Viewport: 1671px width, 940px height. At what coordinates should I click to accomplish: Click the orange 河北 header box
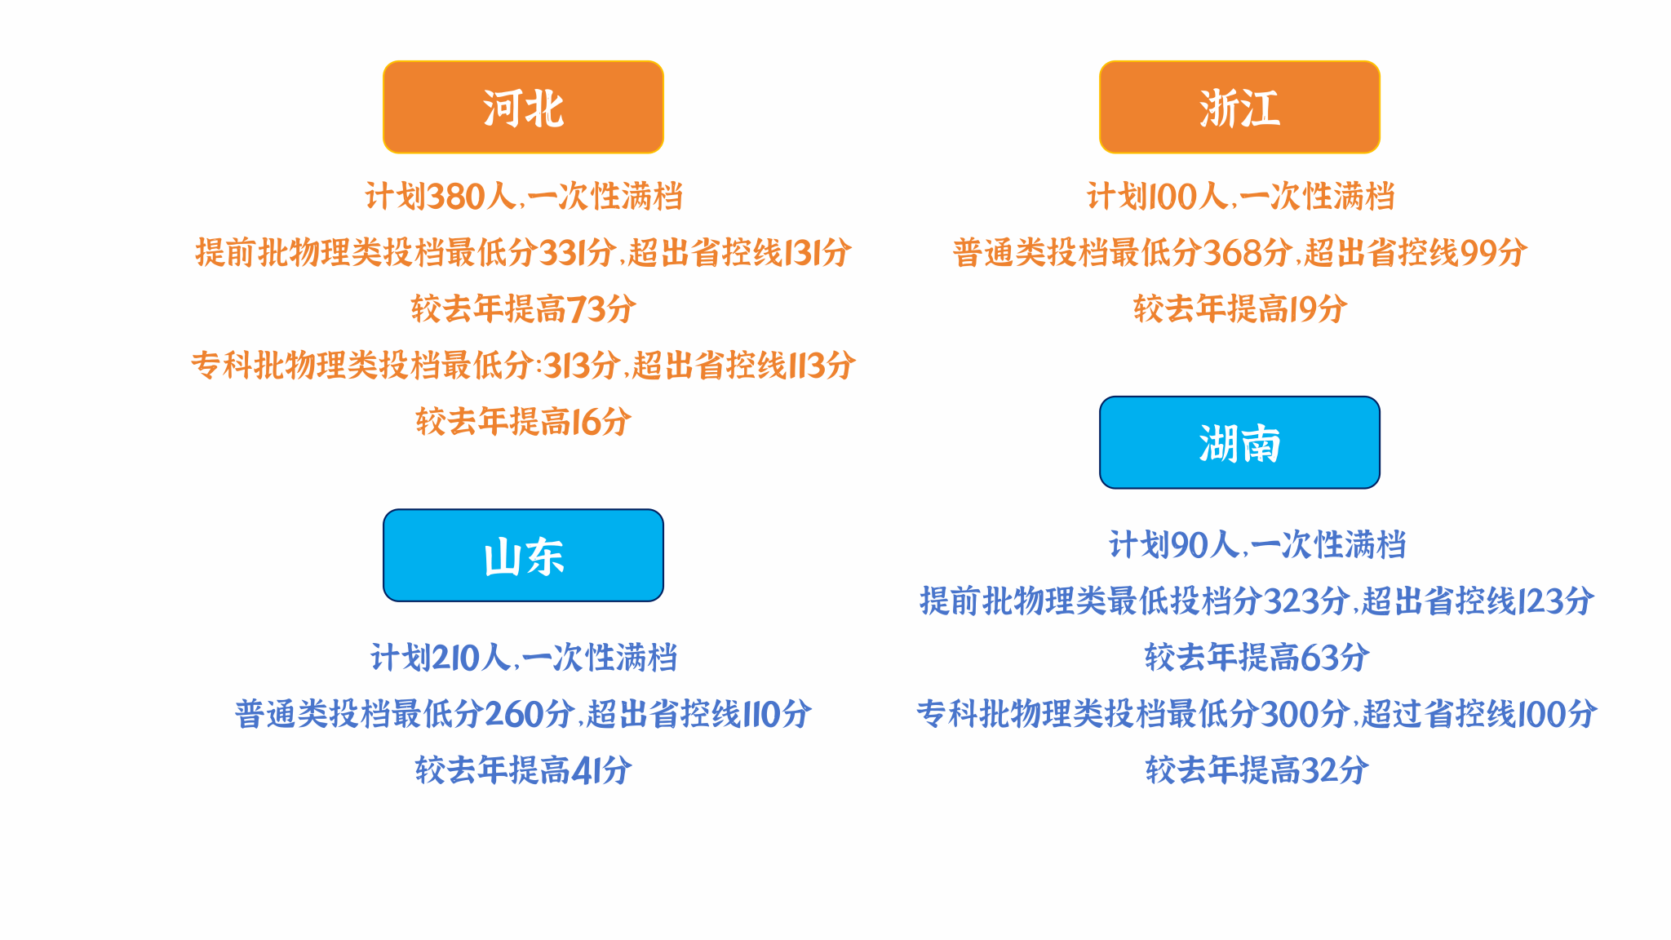[523, 107]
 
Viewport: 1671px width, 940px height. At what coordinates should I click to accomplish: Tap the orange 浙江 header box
[1239, 107]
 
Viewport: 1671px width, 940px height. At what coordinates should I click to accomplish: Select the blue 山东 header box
[523, 556]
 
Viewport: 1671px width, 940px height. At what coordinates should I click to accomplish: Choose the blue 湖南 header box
[1239, 443]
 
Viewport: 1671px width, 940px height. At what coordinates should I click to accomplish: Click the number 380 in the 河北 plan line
[456, 197]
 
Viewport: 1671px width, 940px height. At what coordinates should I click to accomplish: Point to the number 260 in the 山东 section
[515, 715]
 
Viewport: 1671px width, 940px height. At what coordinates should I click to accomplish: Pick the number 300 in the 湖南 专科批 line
[1291, 715]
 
